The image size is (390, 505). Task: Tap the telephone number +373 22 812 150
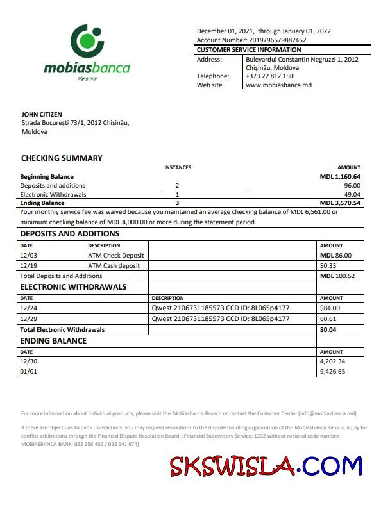(x=269, y=76)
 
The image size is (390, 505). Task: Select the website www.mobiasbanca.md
(x=278, y=85)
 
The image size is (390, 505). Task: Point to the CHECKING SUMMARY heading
(x=62, y=158)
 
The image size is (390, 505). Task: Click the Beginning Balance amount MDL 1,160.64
(x=340, y=176)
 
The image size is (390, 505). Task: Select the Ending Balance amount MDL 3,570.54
(x=340, y=203)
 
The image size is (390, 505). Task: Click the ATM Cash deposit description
(x=114, y=265)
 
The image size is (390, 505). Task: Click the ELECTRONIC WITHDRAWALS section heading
(x=73, y=287)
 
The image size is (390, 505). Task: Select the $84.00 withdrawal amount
(x=330, y=308)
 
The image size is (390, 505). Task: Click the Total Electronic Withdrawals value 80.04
(x=328, y=329)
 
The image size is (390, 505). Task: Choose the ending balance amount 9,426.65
(x=332, y=371)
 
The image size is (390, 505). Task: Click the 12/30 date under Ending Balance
(x=28, y=361)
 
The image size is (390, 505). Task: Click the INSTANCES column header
(x=178, y=167)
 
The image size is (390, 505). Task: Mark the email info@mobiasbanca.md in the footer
(x=327, y=414)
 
